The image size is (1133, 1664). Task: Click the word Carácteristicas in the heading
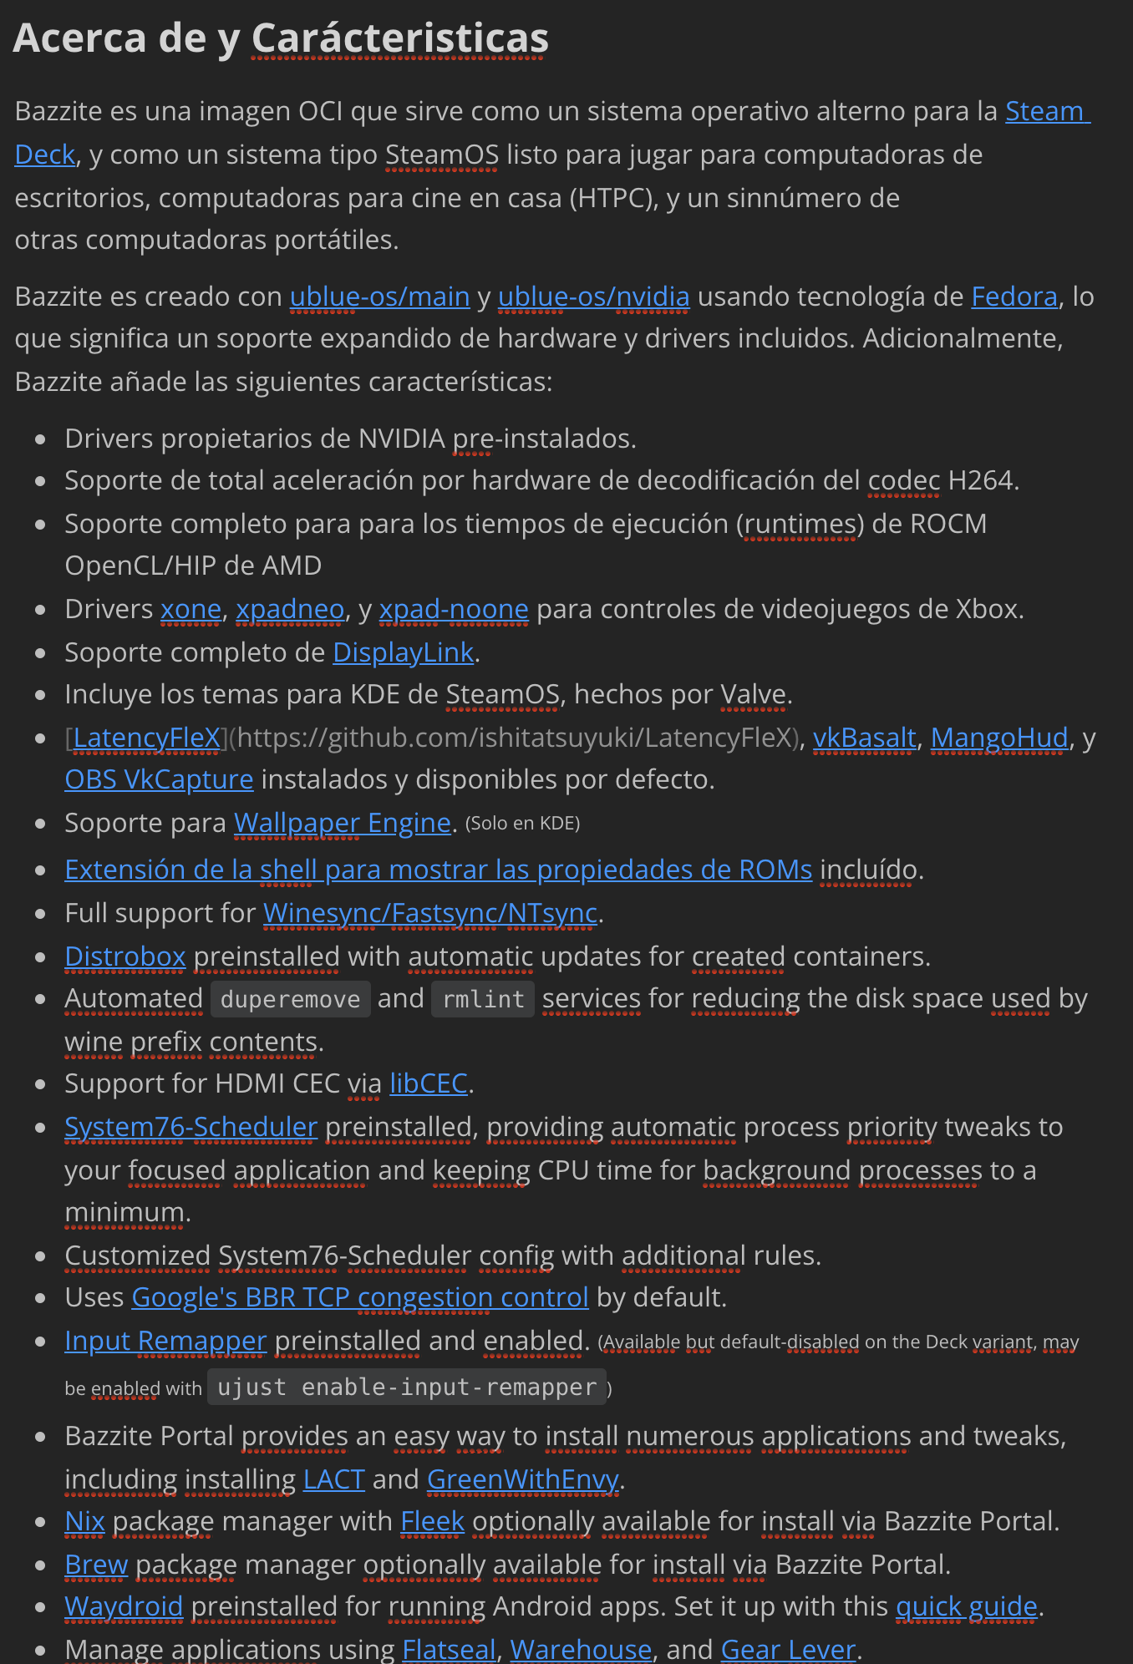pyautogui.click(x=399, y=38)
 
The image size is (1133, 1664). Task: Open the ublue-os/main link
pyautogui.click(x=379, y=297)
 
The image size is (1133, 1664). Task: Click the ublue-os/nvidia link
pyautogui.click(x=593, y=297)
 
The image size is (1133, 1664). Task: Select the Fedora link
pyautogui.click(x=1014, y=297)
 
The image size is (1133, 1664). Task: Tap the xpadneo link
pyautogui.click(x=290, y=610)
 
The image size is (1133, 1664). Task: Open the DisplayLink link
pyautogui.click(x=403, y=652)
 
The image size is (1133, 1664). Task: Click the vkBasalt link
pyautogui.click(x=864, y=738)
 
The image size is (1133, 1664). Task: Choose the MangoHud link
pyautogui.click(x=998, y=738)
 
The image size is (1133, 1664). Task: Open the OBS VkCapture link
pyautogui.click(x=159, y=780)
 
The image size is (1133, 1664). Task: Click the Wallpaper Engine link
pyautogui.click(x=342, y=824)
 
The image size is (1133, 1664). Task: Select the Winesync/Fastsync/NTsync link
pyautogui.click(x=430, y=914)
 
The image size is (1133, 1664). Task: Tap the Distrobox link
pyautogui.click(x=125, y=956)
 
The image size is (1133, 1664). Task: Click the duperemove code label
pyautogui.click(x=290, y=1000)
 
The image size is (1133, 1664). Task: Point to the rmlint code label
pyautogui.click(x=483, y=1000)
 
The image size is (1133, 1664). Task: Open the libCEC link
pyautogui.click(x=428, y=1083)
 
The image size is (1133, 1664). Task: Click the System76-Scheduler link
pyautogui.click(x=191, y=1127)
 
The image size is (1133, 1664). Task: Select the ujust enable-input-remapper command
pyautogui.click(x=407, y=1388)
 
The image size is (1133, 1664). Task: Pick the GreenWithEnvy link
pyautogui.click(x=522, y=1479)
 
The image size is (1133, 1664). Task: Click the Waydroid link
pyautogui.click(x=124, y=1606)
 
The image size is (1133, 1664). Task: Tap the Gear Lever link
pyautogui.click(x=788, y=1650)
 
